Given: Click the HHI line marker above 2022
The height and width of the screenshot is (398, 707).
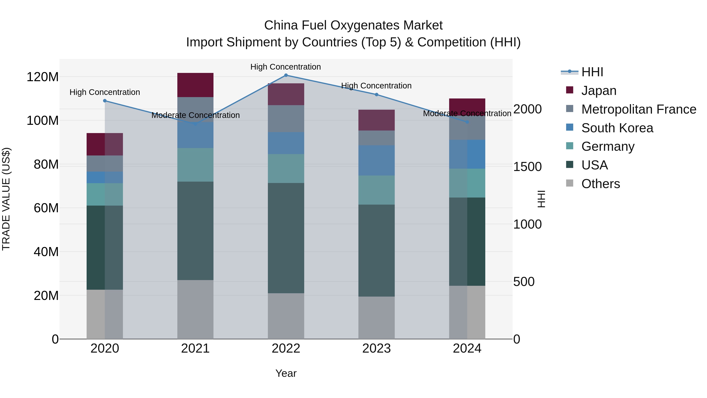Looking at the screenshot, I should coord(286,75).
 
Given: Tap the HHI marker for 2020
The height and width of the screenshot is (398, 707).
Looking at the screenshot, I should coord(105,101).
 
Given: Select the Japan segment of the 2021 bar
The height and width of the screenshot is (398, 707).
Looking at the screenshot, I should coord(195,85).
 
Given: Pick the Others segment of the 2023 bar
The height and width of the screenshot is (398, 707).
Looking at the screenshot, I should coord(376,318).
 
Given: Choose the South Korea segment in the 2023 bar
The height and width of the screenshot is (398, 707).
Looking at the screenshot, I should coord(376,160).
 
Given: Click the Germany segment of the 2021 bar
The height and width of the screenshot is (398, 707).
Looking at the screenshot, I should coord(195,165).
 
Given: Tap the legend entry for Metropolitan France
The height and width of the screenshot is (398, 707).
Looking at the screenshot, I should coord(639,109).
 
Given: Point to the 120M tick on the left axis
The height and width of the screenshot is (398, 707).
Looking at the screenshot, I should coord(43,77).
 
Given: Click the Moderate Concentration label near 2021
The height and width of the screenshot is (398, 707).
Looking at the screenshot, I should coord(195,115).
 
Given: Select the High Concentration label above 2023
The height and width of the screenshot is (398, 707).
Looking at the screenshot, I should coord(376,86).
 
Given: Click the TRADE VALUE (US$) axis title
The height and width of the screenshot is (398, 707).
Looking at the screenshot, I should coord(6,199).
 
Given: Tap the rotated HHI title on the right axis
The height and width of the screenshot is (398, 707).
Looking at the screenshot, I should coord(541,199).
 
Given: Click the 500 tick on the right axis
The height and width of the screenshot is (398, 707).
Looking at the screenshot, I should coord(524,282).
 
